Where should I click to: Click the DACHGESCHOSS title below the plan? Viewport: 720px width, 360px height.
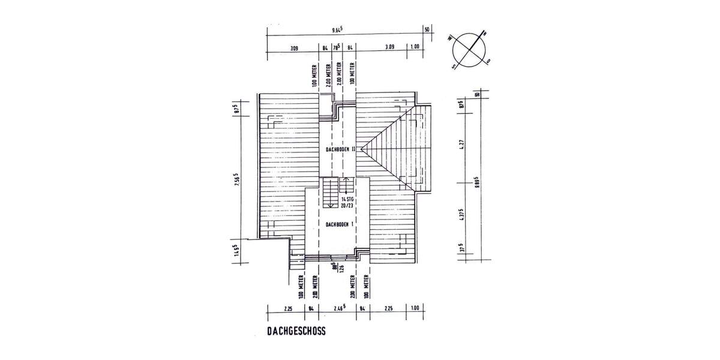[x=296, y=330]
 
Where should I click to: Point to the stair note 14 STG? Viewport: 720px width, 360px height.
[x=347, y=199]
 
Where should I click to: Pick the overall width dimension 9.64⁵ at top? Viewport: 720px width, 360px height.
[x=341, y=29]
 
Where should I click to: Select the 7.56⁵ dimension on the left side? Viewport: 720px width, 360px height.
[x=237, y=181]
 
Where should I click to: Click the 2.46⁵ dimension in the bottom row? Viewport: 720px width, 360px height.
[x=340, y=310]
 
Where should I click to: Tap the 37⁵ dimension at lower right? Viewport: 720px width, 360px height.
[x=463, y=248]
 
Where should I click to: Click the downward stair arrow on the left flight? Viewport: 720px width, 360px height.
[x=330, y=204]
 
